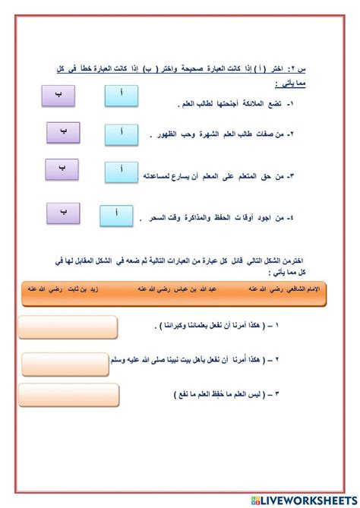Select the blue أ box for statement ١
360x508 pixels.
[123, 96]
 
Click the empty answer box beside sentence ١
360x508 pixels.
[68, 327]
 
